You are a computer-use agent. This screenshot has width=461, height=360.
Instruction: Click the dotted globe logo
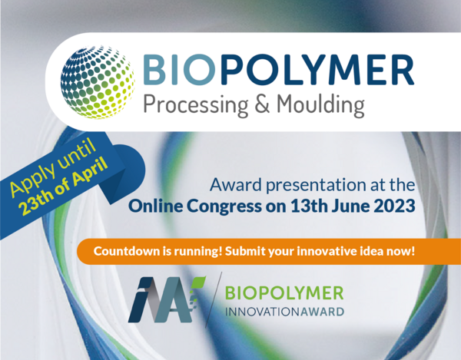[x=98, y=82]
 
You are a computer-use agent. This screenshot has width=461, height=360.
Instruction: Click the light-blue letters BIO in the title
[x=179, y=69]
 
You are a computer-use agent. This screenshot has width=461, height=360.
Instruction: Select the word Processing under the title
[x=196, y=105]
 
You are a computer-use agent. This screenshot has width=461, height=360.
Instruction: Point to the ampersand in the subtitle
[x=262, y=104]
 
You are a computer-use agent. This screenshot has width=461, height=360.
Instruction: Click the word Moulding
[x=320, y=105]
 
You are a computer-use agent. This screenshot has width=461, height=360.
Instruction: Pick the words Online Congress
[x=195, y=206]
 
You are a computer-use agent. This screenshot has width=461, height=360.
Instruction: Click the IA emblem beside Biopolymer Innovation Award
[x=167, y=299]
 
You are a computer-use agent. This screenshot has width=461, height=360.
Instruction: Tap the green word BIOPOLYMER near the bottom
[x=284, y=292]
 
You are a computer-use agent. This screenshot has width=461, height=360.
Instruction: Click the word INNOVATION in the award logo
[x=263, y=312]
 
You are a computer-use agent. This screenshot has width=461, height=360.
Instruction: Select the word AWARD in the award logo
[x=322, y=312]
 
